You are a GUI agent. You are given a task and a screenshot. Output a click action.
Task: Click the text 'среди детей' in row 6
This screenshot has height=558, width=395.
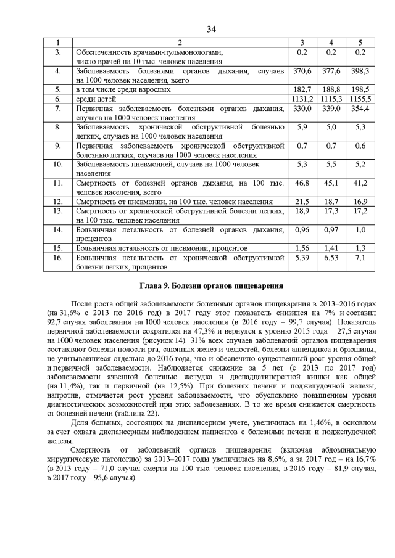(96, 99)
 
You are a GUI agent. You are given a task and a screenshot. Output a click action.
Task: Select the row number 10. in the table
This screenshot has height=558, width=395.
(58, 165)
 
